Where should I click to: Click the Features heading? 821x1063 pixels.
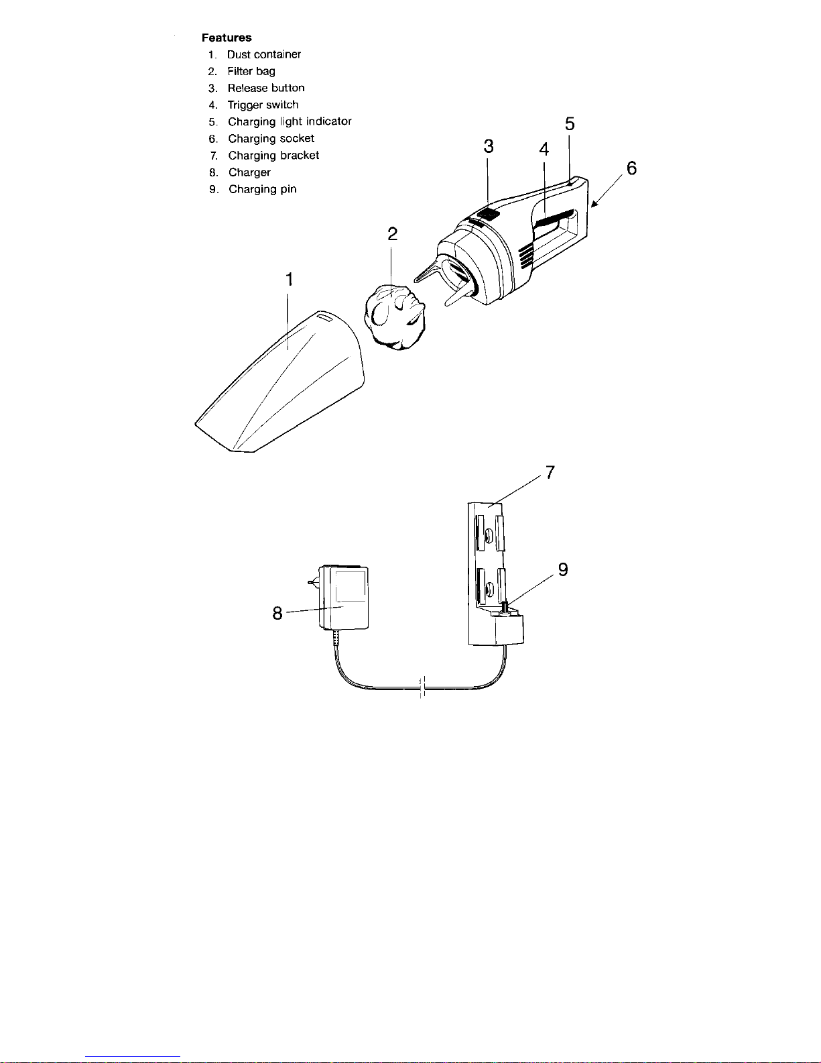pos(227,38)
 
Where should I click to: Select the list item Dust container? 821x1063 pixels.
pos(264,54)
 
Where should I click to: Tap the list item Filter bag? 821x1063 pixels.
pos(251,71)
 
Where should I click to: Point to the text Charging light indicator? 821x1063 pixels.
pos(290,121)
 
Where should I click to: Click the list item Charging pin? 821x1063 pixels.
pos(263,189)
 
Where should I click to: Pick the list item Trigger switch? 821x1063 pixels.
pos(263,105)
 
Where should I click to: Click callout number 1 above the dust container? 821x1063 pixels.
pos(290,280)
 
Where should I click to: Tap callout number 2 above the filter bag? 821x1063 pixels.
pos(393,234)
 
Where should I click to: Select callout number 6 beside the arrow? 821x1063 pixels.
pos(631,168)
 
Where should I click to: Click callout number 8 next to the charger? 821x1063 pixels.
pos(277,613)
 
